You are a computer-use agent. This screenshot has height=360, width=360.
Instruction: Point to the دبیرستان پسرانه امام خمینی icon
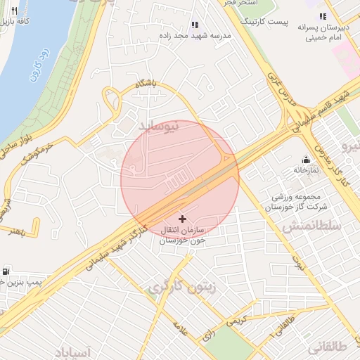click(x=323, y=16)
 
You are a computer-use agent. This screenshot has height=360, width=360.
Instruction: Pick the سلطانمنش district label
click(x=312, y=226)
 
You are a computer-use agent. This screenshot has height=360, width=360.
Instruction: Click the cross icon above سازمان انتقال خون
click(x=184, y=220)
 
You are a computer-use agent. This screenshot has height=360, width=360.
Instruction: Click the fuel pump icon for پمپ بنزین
click(x=6, y=271)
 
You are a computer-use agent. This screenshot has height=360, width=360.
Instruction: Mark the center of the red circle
click(x=180, y=179)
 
